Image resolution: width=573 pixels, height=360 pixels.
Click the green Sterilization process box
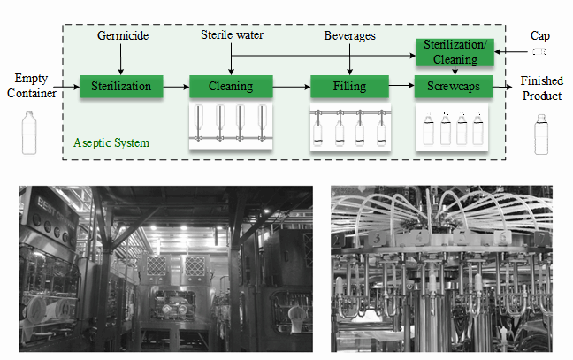click(127, 87)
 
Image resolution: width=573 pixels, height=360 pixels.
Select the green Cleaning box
click(232, 87)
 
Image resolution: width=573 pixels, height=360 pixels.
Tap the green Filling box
click(349, 87)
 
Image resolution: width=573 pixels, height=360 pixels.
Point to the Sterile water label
click(232, 36)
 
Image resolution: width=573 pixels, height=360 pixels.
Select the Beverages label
click(349, 36)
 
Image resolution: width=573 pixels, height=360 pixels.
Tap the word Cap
click(539, 36)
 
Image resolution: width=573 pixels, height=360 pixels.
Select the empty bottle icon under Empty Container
click(29, 133)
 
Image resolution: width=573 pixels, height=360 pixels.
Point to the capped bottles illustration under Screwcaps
click(452, 129)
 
